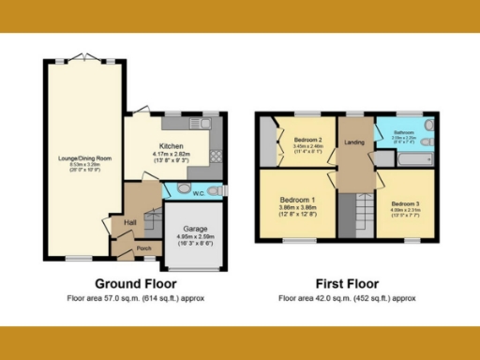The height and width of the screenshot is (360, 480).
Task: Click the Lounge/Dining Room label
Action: coord(83,158)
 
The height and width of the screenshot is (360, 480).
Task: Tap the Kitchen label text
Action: coord(171,146)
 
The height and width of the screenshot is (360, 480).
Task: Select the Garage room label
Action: coord(195,229)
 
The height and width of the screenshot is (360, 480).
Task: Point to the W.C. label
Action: coord(199,193)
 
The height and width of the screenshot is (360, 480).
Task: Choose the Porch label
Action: coord(144,248)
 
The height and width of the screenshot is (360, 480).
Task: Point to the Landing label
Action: coord(354,142)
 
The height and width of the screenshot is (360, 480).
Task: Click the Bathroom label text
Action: coord(404,133)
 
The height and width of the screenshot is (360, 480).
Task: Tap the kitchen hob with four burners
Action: coord(216,156)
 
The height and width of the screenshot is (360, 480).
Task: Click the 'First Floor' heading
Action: coord(345,283)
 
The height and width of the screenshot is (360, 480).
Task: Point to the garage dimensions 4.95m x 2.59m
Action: coord(195,237)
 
